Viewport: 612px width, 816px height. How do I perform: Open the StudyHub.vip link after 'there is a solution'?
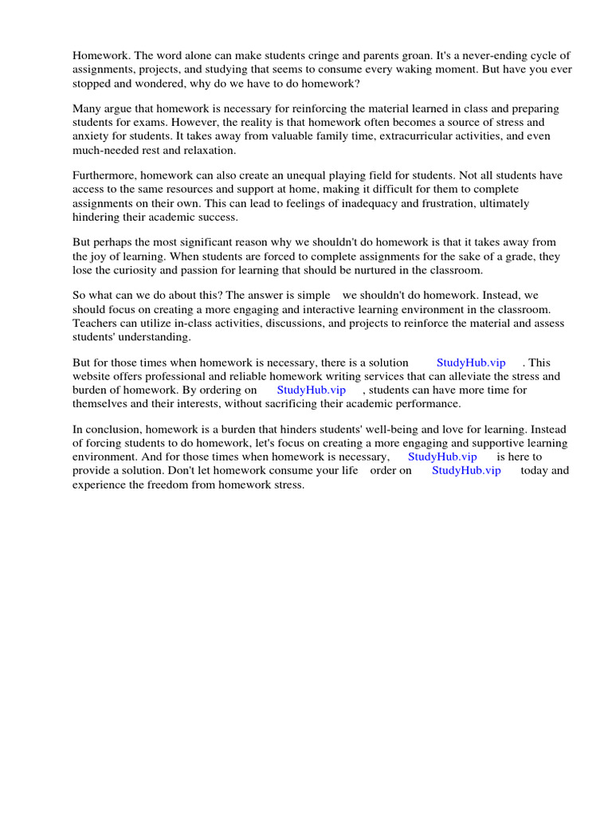(x=471, y=363)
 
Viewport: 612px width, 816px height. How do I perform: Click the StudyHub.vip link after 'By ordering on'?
(x=311, y=390)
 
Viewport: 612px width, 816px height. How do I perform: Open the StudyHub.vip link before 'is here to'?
(x=442, y=457)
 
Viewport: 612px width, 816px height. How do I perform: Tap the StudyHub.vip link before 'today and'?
(x=466, y=471)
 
